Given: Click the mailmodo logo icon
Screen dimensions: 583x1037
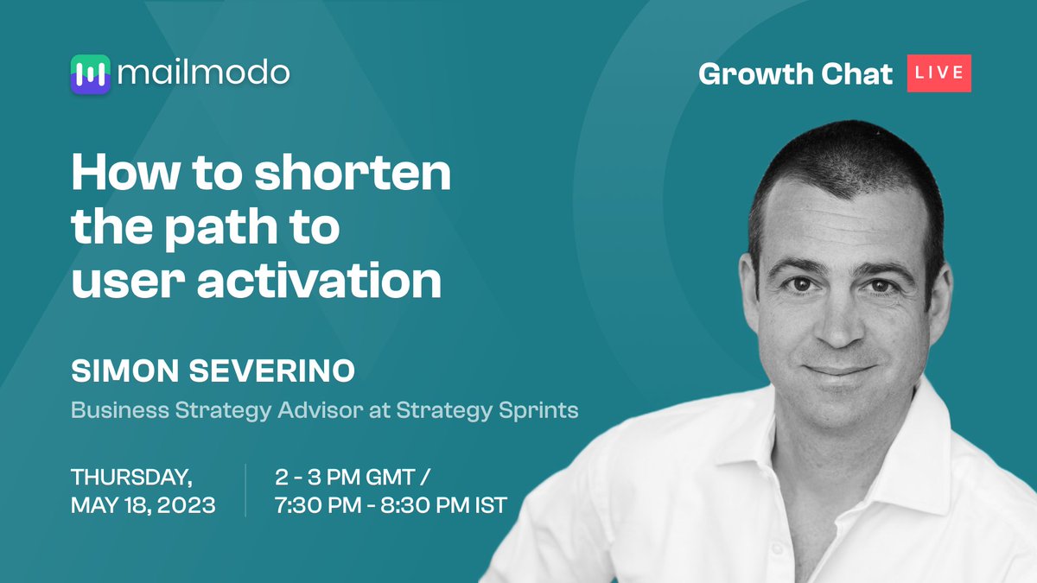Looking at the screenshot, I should click(x=90, y=74).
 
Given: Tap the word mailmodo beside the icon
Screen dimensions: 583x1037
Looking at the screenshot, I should click(x=204, y=73).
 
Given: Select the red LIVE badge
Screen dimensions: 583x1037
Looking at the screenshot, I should click(x=938, y=73).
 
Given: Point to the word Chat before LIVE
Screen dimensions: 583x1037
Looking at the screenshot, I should click(x=856, y=73).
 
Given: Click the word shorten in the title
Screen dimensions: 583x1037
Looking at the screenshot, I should click(x=353, y=175).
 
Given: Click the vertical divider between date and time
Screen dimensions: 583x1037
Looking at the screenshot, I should click(x=245, y=490).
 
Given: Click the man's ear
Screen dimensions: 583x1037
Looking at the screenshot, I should click(x=939, y=294).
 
